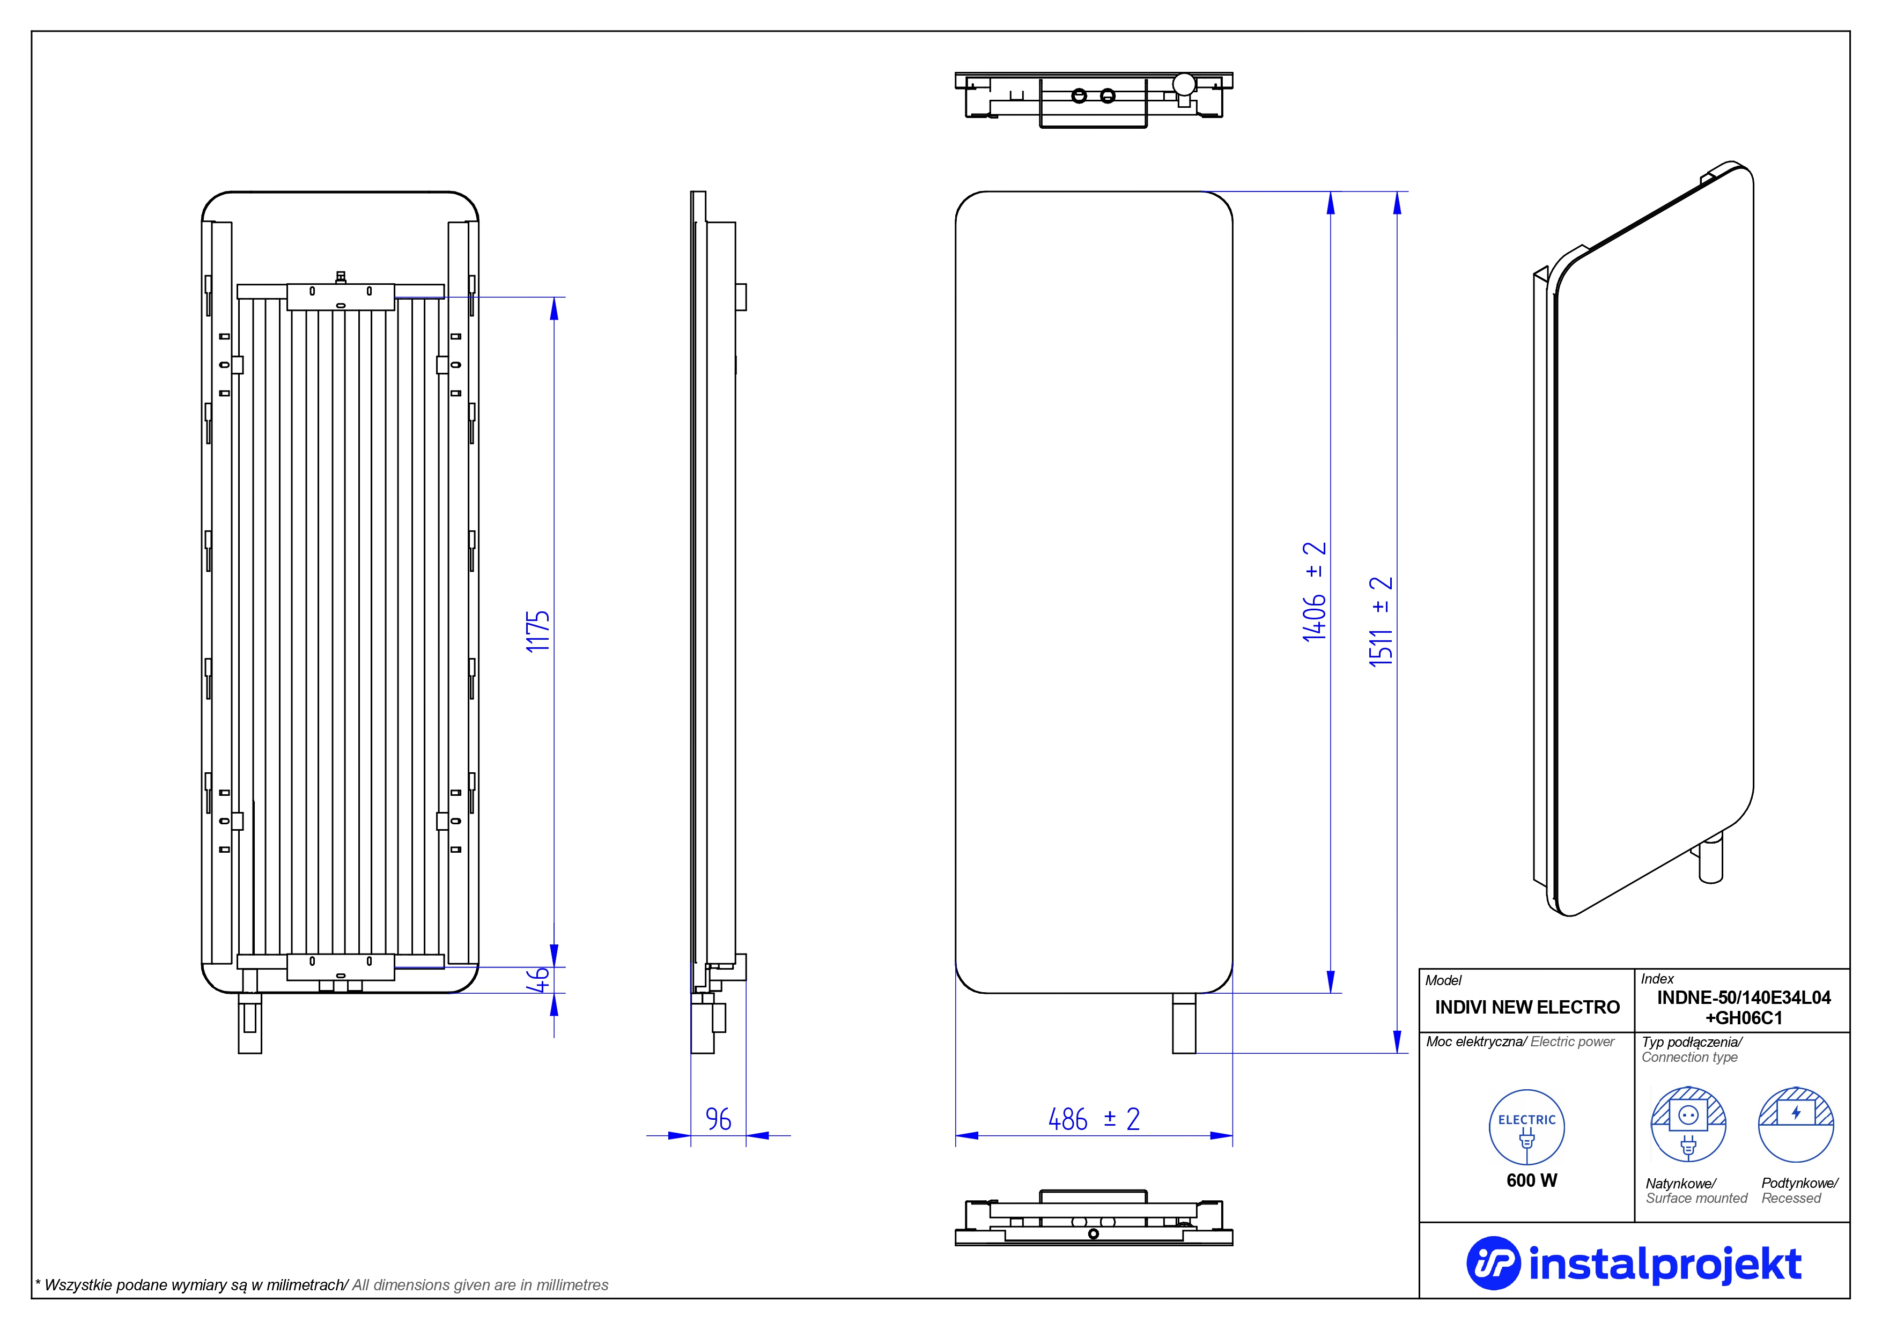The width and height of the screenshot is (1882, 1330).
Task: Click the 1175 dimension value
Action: pos(538,631)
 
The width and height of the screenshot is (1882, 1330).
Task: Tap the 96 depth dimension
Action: pos(718,1119)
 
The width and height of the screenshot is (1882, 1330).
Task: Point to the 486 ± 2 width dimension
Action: pos(1094,1119)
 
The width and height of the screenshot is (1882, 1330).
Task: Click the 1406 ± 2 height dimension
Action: pos(1314,591)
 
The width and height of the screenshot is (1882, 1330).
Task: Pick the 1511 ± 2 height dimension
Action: pos(1381,621)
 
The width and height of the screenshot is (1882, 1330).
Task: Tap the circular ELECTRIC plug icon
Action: pos(1526,1128)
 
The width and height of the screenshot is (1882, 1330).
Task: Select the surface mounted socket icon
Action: pos(1688,1124)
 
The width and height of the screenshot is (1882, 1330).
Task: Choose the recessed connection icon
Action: pos(1796,1124)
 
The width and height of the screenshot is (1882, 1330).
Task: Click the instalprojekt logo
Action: pos(1634,1263)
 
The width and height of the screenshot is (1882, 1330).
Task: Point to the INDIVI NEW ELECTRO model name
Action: pos(1527,1007)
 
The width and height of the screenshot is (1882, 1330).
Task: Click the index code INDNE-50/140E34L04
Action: pos(1744,997)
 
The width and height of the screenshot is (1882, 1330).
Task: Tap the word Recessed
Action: pos(1791,1198)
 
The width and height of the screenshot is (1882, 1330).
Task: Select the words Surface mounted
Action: pos(1697,1198)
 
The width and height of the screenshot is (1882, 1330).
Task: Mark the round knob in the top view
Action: pos(1184,84)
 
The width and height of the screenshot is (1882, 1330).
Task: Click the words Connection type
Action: pos(1689,1057)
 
